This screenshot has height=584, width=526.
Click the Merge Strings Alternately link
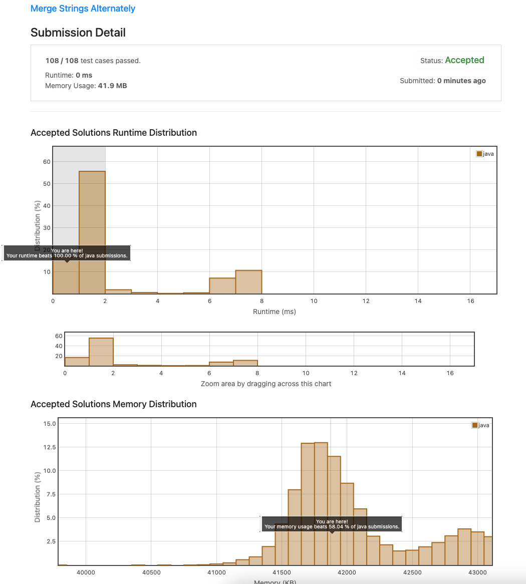[x=83, y=9]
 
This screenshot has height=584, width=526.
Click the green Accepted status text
[x=464, y=60]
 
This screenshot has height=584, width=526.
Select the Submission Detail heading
[x=78, y=33]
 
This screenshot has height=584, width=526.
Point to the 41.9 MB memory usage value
[x=112, y=86]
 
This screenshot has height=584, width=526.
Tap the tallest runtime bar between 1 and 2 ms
[x=92, y=232]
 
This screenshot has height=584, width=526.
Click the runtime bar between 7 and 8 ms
[x=248, y=282]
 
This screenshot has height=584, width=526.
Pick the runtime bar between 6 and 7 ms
[x=222, y=286]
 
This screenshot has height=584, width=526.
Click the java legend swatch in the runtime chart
[x=479, y=154]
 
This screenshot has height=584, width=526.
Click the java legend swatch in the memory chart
[x=474, y=425]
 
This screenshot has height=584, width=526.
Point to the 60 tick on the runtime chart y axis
[x=47, y=162]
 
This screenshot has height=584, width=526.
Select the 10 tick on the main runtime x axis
[x=314, y=301]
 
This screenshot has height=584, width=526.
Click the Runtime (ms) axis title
[x=274, y=312]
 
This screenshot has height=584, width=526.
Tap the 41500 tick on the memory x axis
[x=282, y=572]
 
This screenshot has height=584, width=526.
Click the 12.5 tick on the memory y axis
[x=50, y=447]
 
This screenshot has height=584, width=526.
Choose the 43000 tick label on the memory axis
[x=477, y=572]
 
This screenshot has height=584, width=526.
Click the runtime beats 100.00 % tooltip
[x=67, y=253]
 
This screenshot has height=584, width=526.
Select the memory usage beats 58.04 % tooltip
[x=332, y=524]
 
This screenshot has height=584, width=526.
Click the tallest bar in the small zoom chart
[x=101, y=352]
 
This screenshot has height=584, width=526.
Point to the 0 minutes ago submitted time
[x=461, y=81]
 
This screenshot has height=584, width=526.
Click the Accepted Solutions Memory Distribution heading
[x=114, y=404]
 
